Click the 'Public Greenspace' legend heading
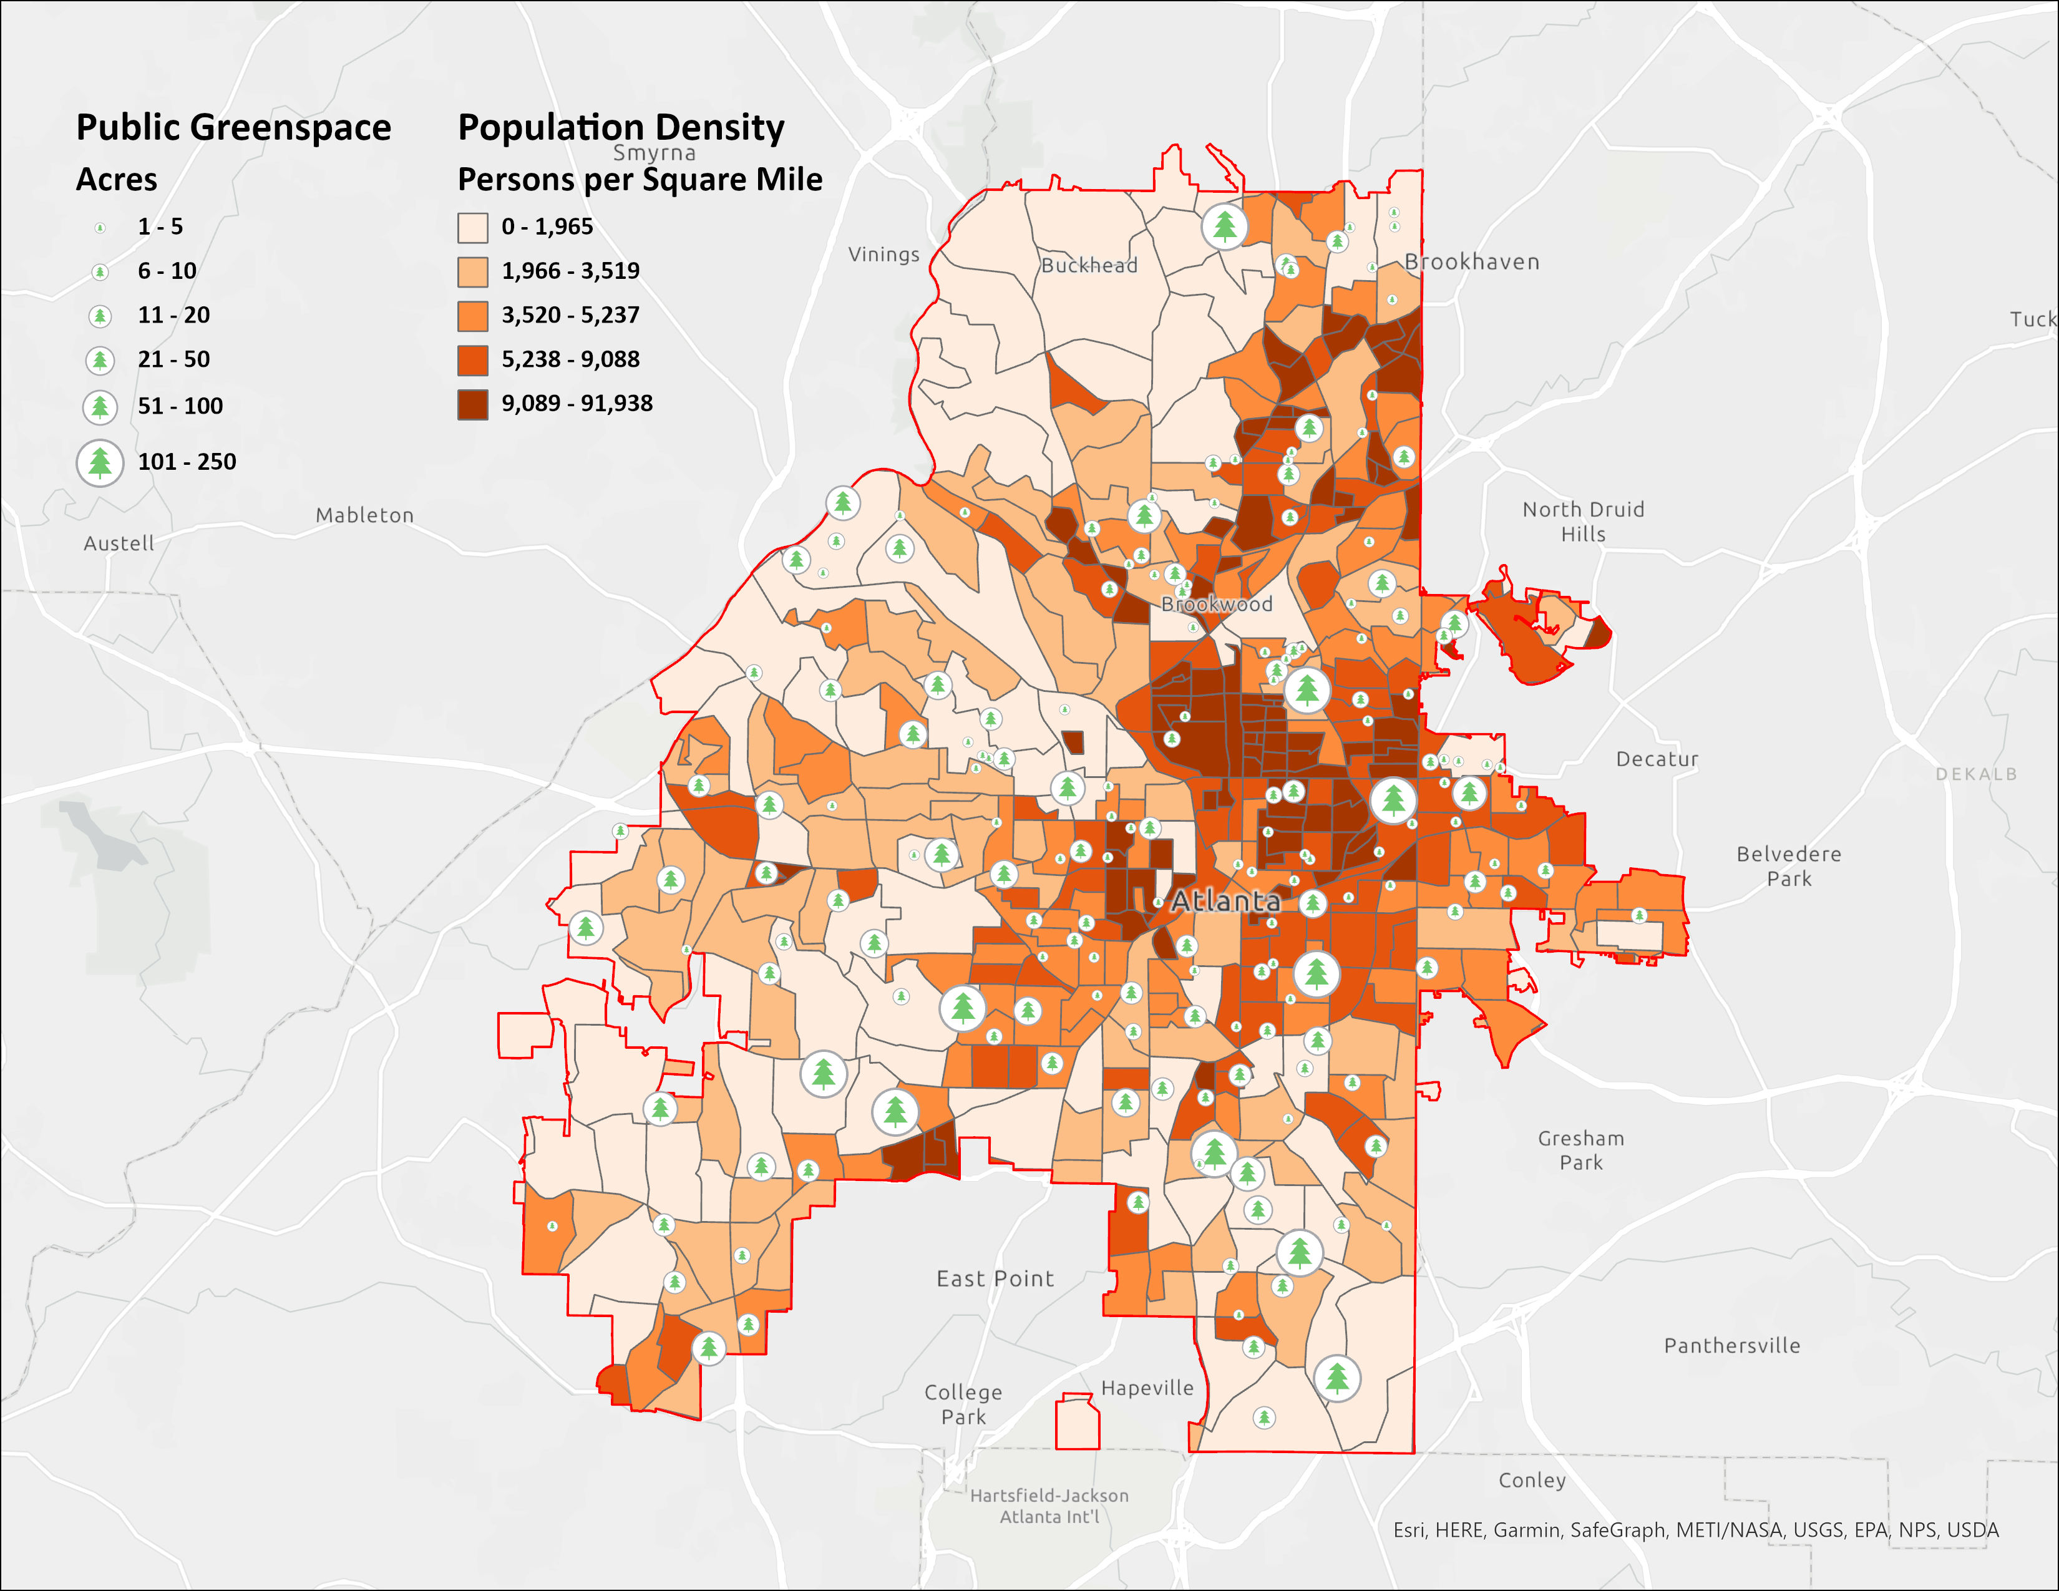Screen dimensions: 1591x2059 233,127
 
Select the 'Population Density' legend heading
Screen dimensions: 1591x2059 620,127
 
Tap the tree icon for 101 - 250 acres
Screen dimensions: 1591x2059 100,463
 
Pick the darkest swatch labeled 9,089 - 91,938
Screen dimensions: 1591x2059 472,404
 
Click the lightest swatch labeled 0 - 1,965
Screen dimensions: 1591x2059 472,227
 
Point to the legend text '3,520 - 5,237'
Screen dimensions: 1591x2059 570,315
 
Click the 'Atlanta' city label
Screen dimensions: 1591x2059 1225,901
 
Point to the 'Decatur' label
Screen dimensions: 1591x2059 1657,759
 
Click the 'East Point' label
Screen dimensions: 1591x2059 995,1278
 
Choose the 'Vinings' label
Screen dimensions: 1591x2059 883,255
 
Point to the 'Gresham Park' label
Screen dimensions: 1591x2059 1581,1150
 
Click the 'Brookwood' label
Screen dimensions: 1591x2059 1216,604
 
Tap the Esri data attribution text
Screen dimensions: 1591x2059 1695,1530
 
